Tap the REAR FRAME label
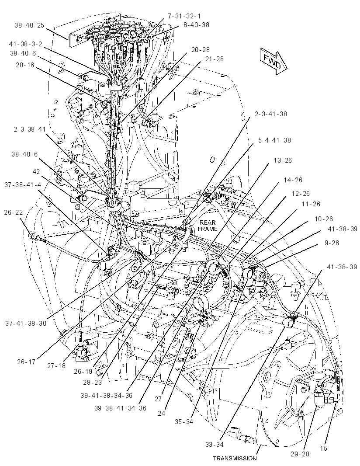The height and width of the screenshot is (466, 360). [x=208, y=226]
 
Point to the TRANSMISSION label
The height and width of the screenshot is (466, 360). [x=235, y=459]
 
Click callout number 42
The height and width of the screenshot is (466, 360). [x=36, y=172]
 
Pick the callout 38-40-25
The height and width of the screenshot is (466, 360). [x=29, y=25]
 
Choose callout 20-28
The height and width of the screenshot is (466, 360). [x=201, y=50]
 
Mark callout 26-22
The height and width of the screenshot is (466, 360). [x=14, y=212]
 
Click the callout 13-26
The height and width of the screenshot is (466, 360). [x=283, y=160]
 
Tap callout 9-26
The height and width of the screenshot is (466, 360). [x=331, y=243]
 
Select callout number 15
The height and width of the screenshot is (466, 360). [x=323, y=449]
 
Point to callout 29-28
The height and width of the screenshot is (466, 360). [x=300, y=454]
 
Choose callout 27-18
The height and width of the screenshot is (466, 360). [x=56, y=365]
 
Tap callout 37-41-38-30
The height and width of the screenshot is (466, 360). [x=26, y=323]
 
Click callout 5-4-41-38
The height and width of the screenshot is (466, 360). [x=274, y=140]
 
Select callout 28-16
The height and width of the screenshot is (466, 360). [x=25, y=65]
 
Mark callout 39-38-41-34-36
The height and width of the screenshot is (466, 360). [x=121, y=408]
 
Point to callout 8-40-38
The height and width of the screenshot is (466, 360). [x=196, y=25]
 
